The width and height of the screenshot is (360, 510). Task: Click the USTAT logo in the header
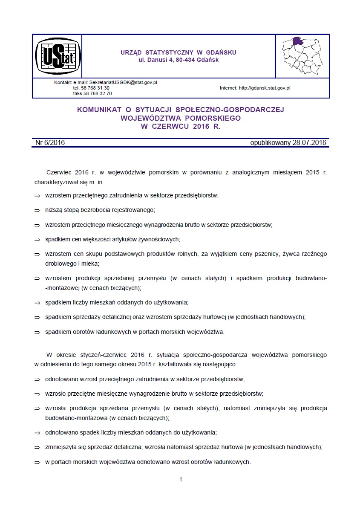click(x=57, y=56)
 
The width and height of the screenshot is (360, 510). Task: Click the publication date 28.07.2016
click(x=309, y=143)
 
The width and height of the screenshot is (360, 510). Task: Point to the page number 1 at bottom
click(x=181, y=479)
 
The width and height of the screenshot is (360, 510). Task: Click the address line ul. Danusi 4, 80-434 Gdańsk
click(x=179, y=60)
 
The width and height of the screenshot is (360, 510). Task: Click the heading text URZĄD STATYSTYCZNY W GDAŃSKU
click(x=179, y=52)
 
